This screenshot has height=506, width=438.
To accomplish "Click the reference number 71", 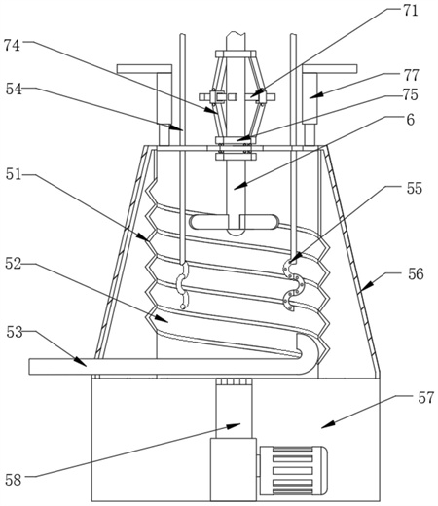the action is (x=410, y=11).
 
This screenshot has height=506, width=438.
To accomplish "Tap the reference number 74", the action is (x=12, y=46).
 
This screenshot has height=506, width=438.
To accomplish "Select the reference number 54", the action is (x=14, y=90).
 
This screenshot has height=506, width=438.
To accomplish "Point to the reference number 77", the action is (x=412, y=76).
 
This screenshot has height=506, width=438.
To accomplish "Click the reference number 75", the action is (x=411, y=94).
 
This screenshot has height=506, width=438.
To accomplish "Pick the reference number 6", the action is (x=411, y=120).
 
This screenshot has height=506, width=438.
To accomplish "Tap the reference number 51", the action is (x=14, y=175).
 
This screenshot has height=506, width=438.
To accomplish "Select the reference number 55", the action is (x=415, y=189).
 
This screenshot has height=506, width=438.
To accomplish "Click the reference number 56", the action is (x=417, y=274).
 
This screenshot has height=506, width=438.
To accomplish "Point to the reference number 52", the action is (x=14, y=264).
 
